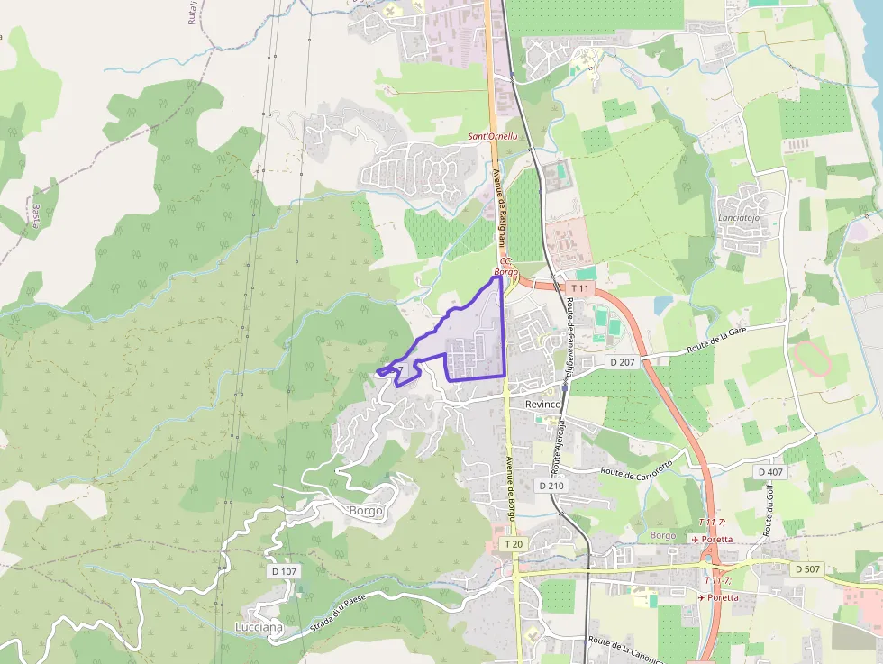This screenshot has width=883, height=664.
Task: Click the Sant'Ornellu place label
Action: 493,136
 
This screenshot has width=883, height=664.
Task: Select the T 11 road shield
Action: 580,288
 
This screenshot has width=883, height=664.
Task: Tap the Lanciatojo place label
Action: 740,218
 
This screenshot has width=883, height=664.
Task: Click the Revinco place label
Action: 543,405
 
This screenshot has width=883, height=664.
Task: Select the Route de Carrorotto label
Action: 636,468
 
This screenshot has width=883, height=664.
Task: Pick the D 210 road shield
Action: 551,486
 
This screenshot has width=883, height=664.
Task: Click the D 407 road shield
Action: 770,471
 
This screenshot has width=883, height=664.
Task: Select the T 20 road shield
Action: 514,544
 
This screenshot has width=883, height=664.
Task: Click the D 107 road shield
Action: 283,571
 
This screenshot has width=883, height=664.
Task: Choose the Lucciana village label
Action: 259,627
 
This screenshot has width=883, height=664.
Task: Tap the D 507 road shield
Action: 807,569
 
